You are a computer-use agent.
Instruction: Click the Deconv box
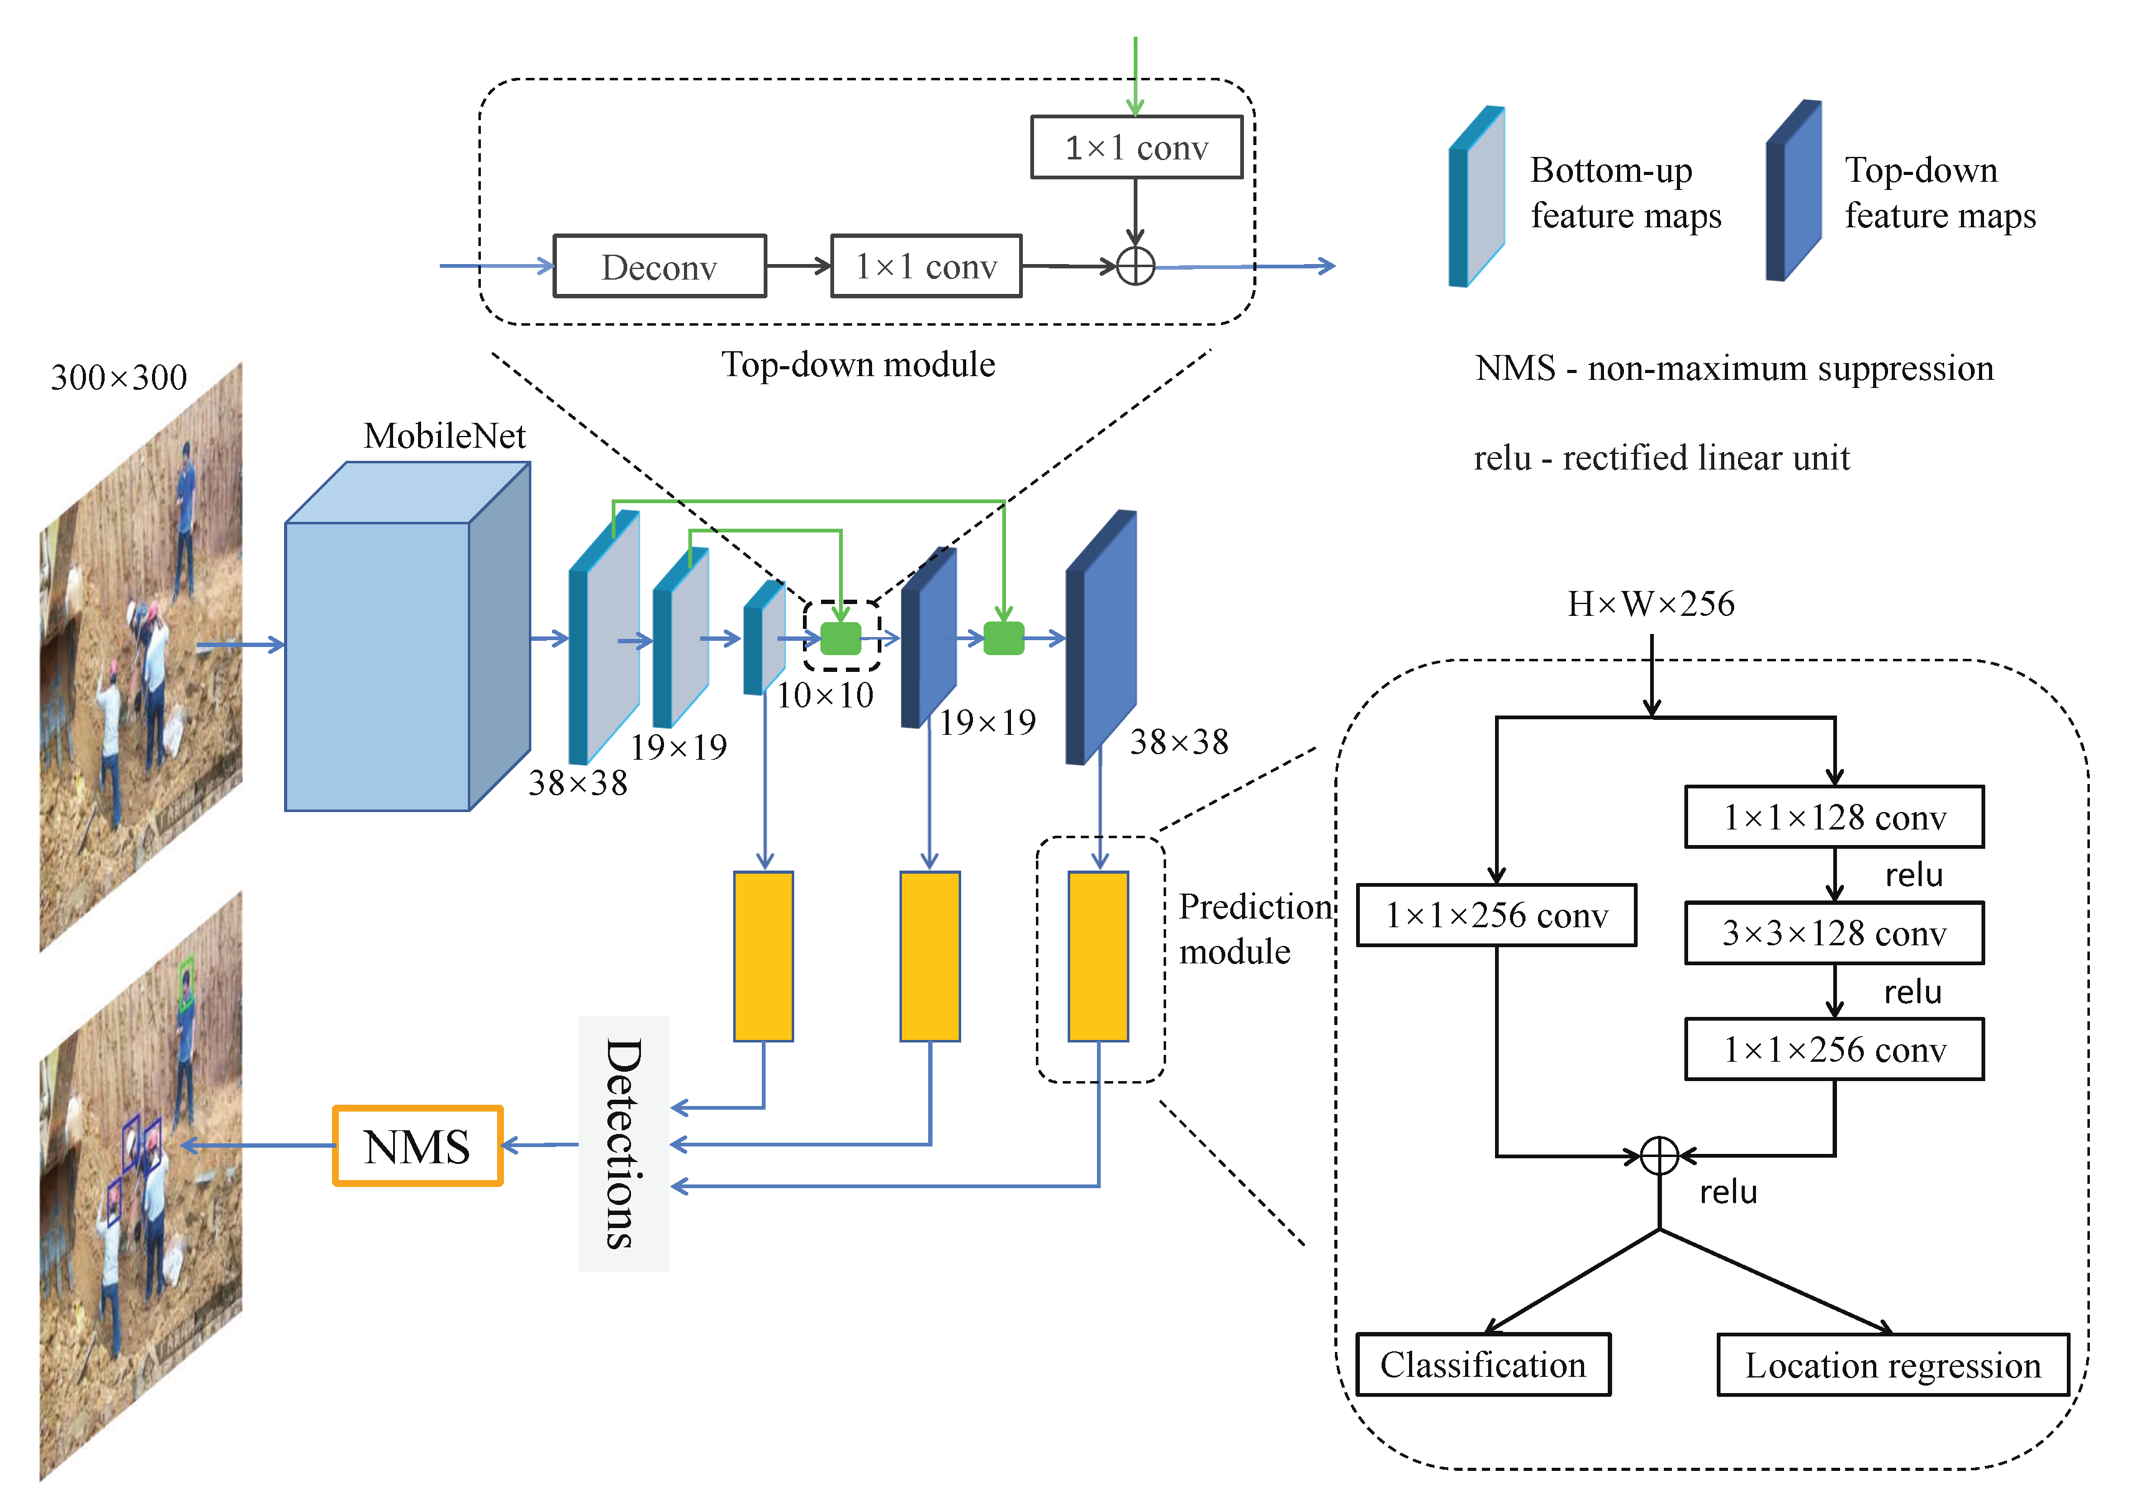tap(660, 267)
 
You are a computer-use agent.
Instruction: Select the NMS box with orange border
tap(417, 1145)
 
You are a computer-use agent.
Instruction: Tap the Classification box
tap(1483, 1365)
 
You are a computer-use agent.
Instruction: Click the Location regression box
tap(1892, 1365)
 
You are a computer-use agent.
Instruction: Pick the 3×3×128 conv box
tap(1834, 933)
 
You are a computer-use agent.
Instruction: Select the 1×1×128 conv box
tap(1834, 818)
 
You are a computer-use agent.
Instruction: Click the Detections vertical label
tap(623, 1143)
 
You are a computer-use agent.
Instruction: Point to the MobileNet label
tap(444, 436)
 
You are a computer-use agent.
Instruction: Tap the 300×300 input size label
tap(118, 377)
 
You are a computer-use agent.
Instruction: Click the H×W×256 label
tap(1650, 604)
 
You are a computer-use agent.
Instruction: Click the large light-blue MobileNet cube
tap(377, 666)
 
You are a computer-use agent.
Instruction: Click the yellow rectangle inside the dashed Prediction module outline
tap(1099, 956)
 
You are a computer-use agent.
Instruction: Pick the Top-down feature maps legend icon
tap(1793, 191)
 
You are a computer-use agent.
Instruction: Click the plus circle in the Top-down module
tap(1136, 267)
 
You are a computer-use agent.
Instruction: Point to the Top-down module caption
tap(858, 365)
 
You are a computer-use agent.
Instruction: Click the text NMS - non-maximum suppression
tap(1734, 369)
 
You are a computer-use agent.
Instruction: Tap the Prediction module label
tap(1253, 929)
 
